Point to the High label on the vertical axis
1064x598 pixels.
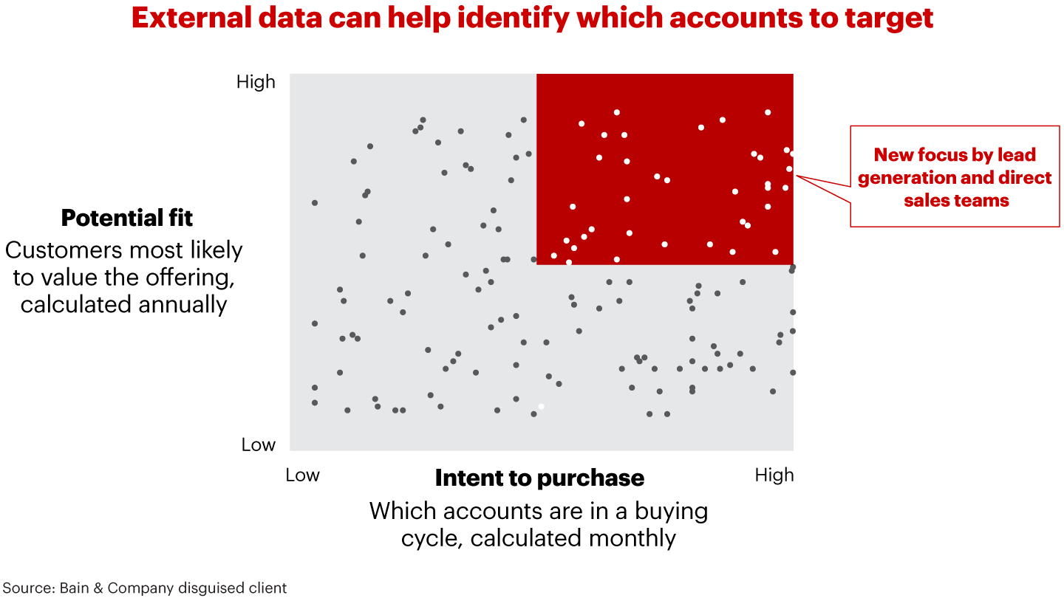click(x=256, y=82)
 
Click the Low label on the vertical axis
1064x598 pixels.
click(x=258, y=445)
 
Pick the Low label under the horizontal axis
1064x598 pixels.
click(x=302, y=475)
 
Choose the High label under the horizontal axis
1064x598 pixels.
click(x=774, y=475)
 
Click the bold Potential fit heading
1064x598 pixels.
click(x=126, y=219)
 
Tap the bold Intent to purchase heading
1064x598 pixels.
click(x=539, y=478)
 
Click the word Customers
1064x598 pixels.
click(x=66, y=250)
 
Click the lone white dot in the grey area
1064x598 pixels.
click(x=541, y=407)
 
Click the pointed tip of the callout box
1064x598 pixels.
click(x=797, y=176)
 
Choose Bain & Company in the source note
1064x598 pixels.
click(x=109, y=588)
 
